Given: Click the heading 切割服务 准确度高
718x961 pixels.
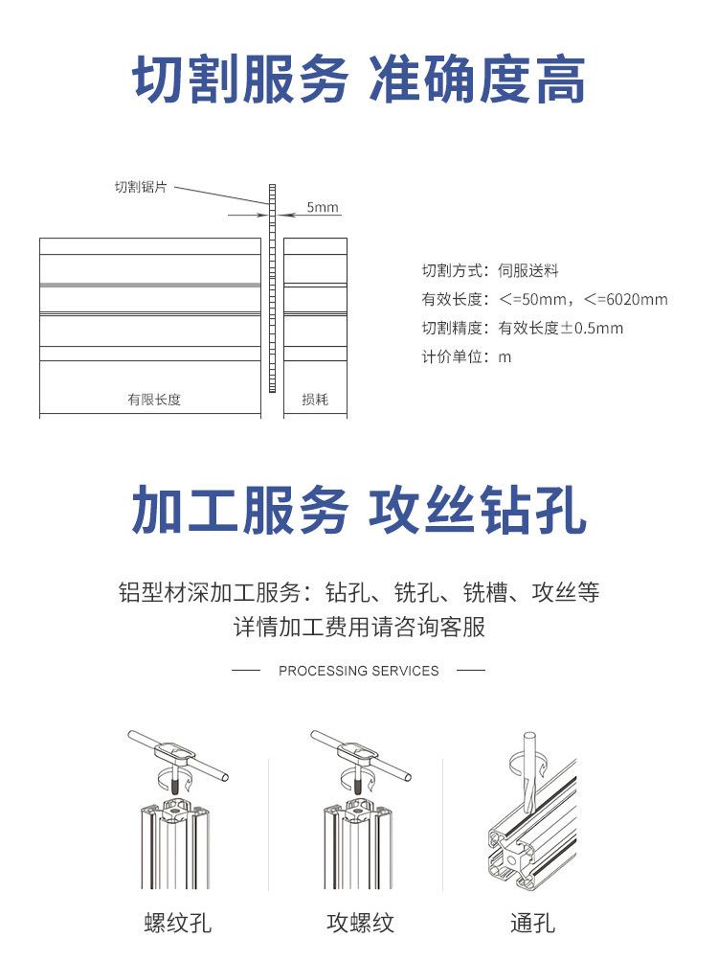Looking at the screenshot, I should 358,80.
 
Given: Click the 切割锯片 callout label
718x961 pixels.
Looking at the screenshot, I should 141,188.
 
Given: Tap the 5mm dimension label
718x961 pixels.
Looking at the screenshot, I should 323,207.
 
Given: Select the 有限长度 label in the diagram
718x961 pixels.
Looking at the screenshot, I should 154,400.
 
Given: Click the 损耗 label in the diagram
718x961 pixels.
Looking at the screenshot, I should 315,400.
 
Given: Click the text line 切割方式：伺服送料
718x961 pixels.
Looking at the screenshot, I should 490,271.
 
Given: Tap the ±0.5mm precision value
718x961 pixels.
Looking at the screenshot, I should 592,329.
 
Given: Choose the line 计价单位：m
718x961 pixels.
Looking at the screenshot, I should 467,357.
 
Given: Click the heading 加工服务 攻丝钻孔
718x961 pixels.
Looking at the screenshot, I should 358,510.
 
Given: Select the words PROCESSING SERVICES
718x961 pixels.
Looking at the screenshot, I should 358,671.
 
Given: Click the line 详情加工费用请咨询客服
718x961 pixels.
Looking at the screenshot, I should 359,629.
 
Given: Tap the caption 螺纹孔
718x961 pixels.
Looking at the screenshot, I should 177,924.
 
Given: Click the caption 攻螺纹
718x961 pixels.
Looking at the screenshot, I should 360,924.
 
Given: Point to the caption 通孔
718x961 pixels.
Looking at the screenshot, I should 532,924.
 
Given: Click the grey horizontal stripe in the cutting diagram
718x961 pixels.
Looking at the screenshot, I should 149,285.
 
